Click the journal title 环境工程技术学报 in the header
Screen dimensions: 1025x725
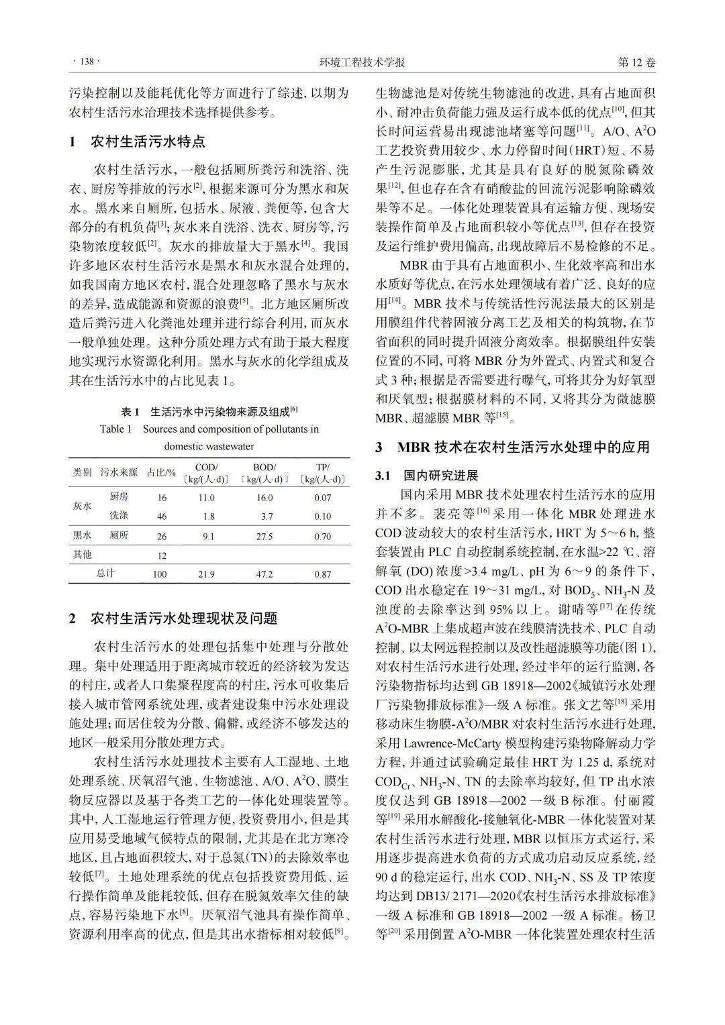point(362,62)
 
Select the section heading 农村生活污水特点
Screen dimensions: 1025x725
point(147,142)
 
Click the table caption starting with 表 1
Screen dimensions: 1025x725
point(209,411)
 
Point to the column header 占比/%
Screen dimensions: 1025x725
point(161,472)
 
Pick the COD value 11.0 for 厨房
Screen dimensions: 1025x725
point(206,498)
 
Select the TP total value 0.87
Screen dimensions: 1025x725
point(322,574)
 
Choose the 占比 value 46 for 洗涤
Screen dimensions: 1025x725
point(162,517)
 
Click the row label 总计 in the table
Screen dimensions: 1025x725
point(105,574)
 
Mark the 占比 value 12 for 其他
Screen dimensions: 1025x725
point(162,555)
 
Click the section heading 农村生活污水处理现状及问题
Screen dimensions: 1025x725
point(183,618)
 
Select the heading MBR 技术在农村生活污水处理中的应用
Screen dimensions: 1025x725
point(523,447)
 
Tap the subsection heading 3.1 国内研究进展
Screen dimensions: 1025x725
point(427,476)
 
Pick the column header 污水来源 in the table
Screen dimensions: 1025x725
point(119,472)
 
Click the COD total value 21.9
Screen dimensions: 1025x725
point(206,574)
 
